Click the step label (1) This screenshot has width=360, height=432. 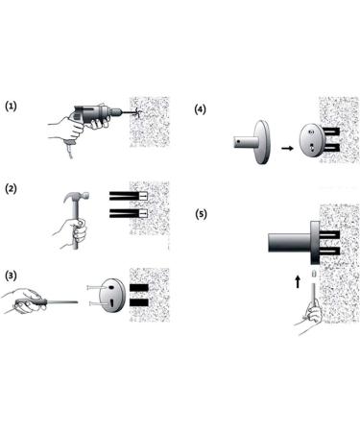coord(12,106)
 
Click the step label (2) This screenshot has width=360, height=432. coord(12,187)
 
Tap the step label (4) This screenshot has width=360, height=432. coord(200,108)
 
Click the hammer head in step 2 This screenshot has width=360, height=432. coord(76,199)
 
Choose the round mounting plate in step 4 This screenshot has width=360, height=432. coord(311,142)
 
